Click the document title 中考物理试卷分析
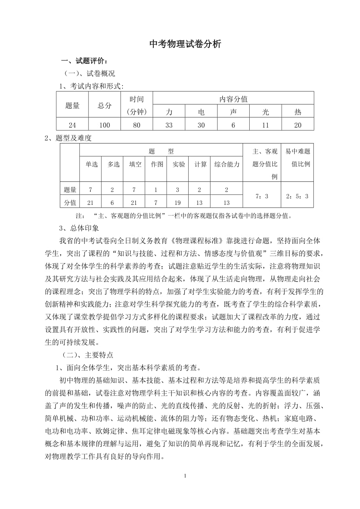coord(185,45)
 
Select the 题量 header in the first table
coord(72,105)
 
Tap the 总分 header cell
coord(104,105)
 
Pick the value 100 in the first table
coord(104,125)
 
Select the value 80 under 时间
coord(137,125)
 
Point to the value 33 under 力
coord(169,125)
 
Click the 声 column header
coord(233,112)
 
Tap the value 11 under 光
coord(265,125)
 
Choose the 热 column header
coord(298,112)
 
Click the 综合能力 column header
coord(227,165)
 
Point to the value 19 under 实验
coord(177,202)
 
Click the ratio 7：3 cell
coord(262,196)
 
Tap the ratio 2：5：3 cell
coord(297,196)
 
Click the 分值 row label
coord(70,202)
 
